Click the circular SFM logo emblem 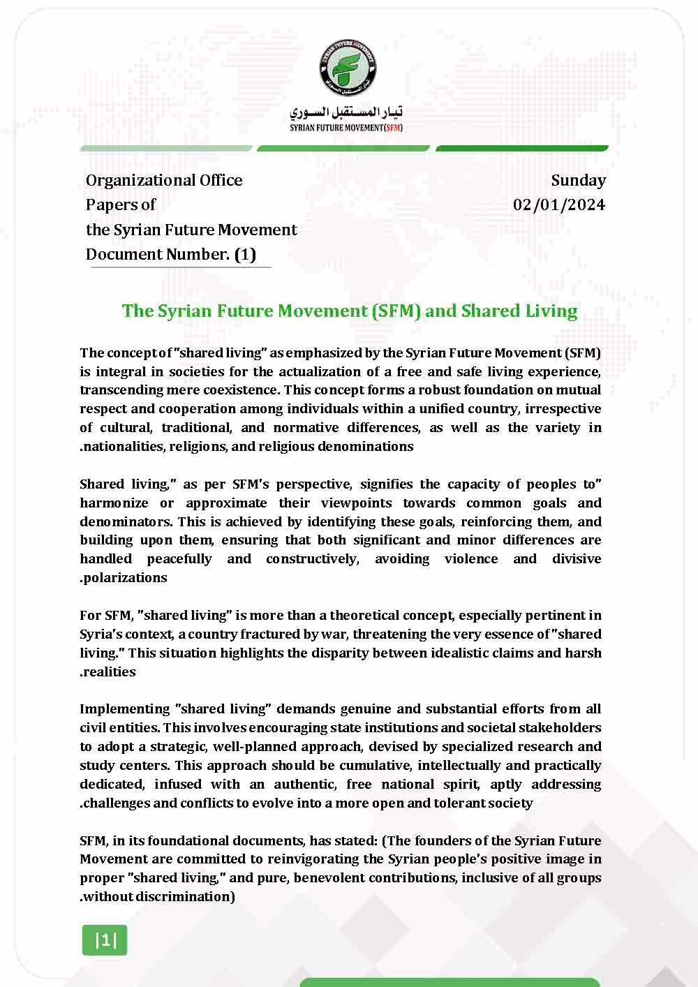click(x=348, y=67)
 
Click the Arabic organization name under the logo click(x=346, y=112)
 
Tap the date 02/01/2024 click(x=559, y=205)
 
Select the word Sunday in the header click(x=578, y=180)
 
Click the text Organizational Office click(x=164, y=180)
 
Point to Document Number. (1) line click(x=171, y=254)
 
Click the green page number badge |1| click(x=105, y=940)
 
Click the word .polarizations click(x=124, y=578)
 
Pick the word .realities click(x=108, y=671)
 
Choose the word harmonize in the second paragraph click(x=114, y=503)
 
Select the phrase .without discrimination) click(x=158, y=897)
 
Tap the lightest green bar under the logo click(x=166, y=148)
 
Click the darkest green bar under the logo click(x=522, y=148)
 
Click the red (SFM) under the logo click(x=394, y=128)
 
